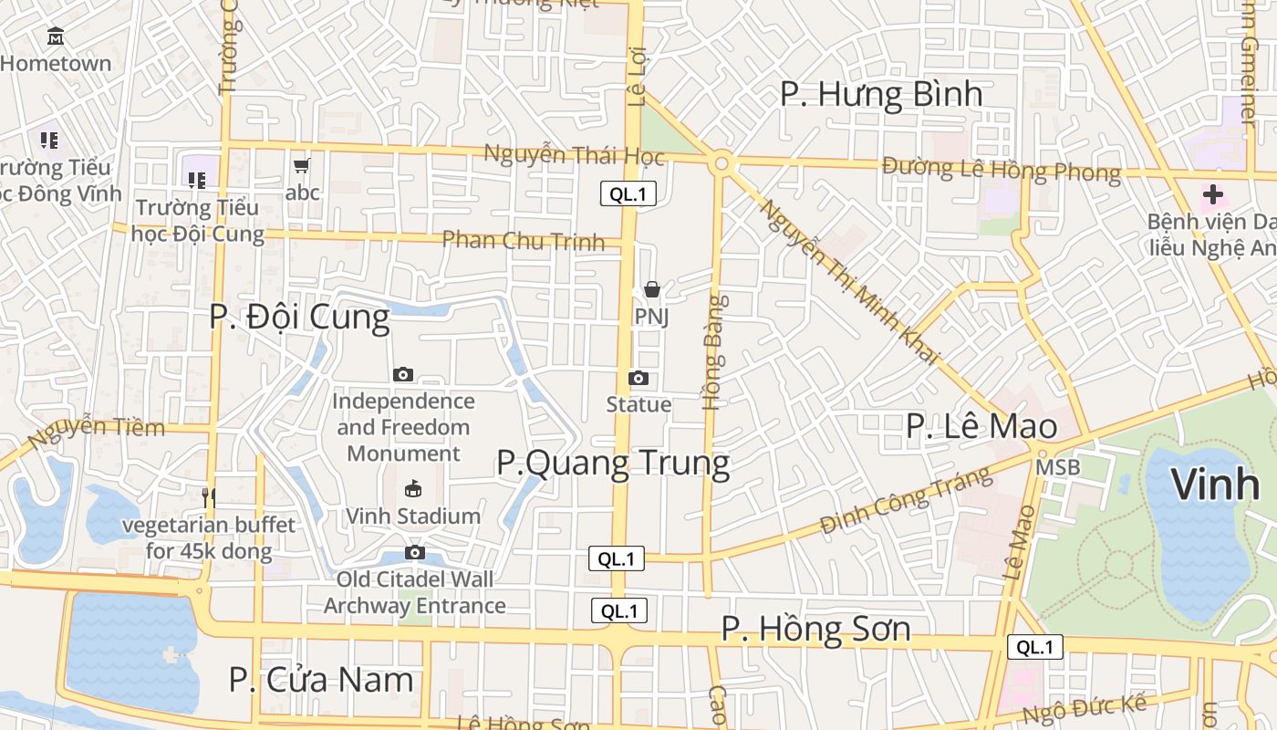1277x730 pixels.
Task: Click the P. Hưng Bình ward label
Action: click(881, 94)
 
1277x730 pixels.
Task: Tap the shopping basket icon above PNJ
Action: click(652, 290)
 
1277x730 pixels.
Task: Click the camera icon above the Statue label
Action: click(638, 378)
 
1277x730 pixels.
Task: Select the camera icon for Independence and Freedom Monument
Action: click(402, 374)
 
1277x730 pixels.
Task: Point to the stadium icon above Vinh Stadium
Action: click(413, 488)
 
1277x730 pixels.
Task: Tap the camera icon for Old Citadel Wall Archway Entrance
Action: click(415, 552)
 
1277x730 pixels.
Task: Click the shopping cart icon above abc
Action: click(302, 166)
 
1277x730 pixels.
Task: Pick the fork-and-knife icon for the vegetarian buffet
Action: click(209, 497)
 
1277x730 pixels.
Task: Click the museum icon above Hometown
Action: click(56, 36)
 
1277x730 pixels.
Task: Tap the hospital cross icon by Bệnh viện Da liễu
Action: click(1212, 194)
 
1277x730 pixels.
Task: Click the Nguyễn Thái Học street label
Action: click(574, 155)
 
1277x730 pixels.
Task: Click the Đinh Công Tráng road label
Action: click(905, 501)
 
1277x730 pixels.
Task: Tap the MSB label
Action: click(1058, 467)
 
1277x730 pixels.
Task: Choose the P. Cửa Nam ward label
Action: click(321, 680)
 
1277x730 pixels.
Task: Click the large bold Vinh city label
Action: click(1215, 485)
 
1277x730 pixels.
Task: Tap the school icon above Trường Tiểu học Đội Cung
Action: click(196, 180)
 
